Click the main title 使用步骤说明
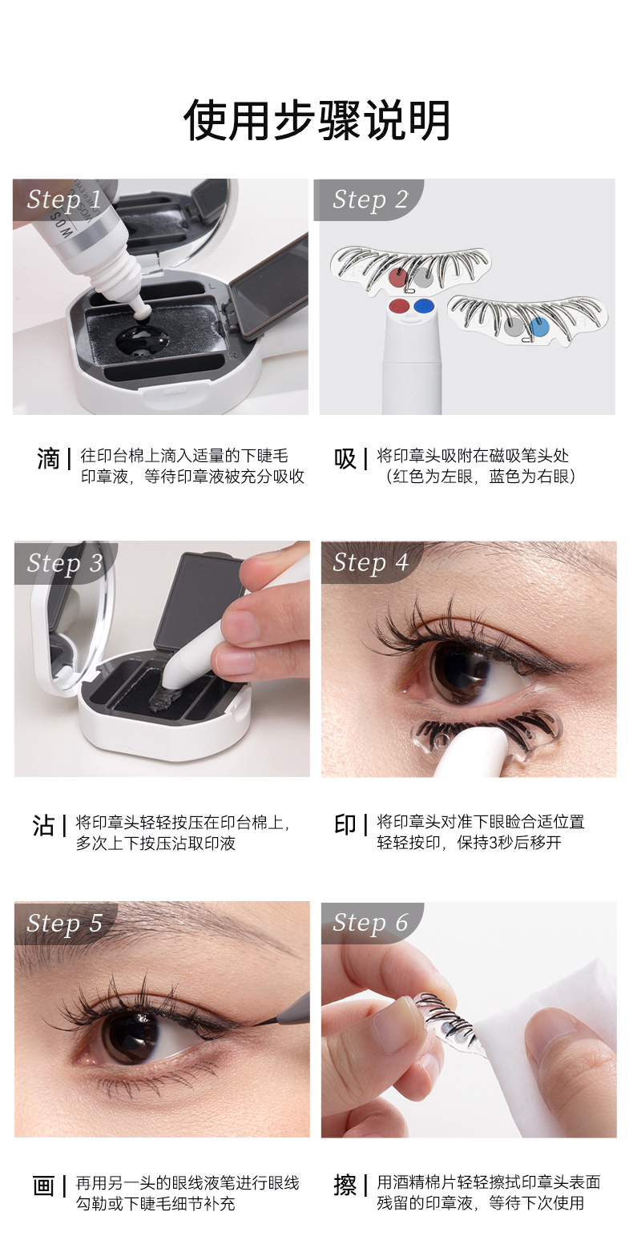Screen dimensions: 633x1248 (x=316, y=120)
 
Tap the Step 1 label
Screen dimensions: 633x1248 (x=64, y=199)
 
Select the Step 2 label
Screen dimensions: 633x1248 (x=370, y=199)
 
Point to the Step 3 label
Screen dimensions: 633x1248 (x=65, y=562)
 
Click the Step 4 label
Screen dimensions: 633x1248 (x=370, y=562)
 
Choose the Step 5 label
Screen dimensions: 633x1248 (x=65, y=924)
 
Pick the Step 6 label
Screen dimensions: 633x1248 (x=370, y=923)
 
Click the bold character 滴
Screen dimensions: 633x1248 (x=48, y=459)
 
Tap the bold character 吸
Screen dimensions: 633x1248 (x=345, y=459)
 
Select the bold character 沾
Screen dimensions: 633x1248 (x=43, y=826)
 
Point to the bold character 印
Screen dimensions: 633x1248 (x=345, y=825)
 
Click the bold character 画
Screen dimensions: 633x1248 (x=43, y=1186)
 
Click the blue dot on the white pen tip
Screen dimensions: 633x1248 (x=425, y=305)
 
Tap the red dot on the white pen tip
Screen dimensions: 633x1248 (x=399, y=305)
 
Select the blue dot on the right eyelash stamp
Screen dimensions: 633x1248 (x=539, y=327)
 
